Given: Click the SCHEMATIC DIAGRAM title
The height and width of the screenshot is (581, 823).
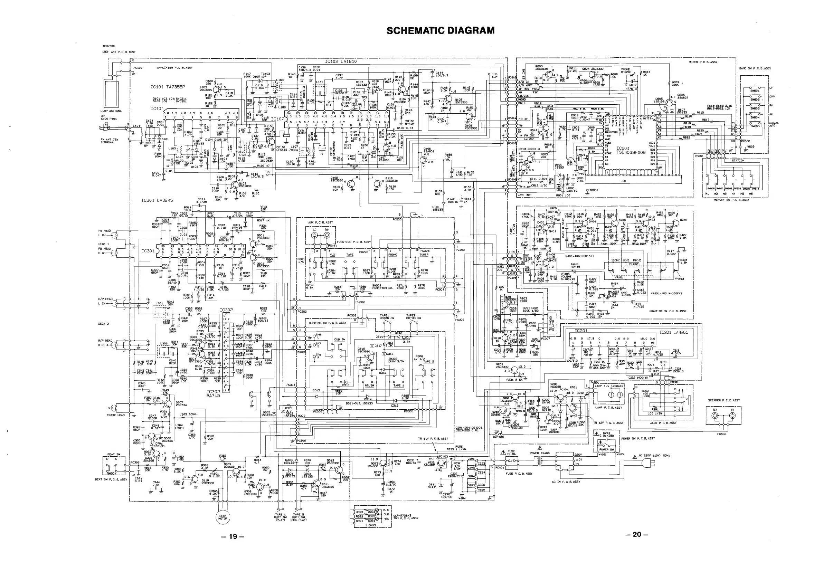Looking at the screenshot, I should [x=441, y=30].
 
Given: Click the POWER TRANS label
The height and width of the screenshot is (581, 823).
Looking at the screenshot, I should [x=540, y=453].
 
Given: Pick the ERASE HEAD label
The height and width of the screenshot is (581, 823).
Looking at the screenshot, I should [x=116, y=415].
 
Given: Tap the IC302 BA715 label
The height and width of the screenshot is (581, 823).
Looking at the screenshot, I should [x=213, y=394].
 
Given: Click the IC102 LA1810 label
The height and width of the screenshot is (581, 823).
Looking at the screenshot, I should [x=341, y=61].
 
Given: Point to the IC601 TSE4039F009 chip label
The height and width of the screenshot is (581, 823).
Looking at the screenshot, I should [x=631, y=150].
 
